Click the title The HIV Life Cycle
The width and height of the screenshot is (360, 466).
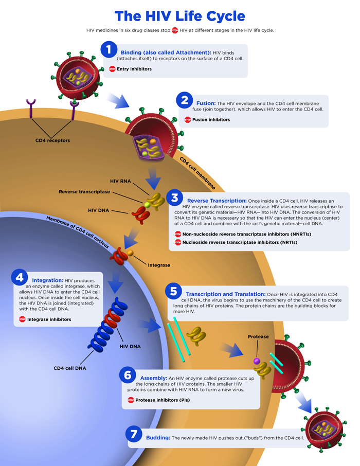pyautogui.click(x=179, y=15)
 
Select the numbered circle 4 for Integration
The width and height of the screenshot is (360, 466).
pyautogui.click(x=20, y=277)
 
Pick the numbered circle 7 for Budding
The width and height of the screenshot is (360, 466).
pyautogui.click(x=133, y=434)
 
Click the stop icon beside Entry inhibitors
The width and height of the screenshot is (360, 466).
pyautogui.click(x=112, y=69)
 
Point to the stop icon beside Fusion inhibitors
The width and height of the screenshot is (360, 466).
pyautogui.click(x=188, y=119)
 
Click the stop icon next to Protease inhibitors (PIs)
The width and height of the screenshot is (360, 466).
pyautogui.click(x=131, y=400)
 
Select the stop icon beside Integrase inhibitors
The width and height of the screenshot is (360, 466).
pyautogui.click(x=22, y=319)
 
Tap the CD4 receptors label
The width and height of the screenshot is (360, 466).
pyautogui.click(x=52, y=140)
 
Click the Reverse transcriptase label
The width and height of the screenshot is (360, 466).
pyautogui.click(x=84, y=192)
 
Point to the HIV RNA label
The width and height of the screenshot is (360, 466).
pyautogui.click(x=121, y=181)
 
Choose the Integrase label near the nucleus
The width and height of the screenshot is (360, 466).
pyautogui.click(x=159, y=265)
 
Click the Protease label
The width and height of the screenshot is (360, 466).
pyautogui.click(x=258, y=336)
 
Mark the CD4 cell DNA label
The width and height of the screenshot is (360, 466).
pyautogui.click(x=70, y=368)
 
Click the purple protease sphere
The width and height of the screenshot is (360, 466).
pyautogui.click(x=257, y=361)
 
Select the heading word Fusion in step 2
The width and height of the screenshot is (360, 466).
pyautogui.click(x=206, y=103)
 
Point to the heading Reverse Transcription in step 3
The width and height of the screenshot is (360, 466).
pyautogui.click(x=216, y=200)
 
